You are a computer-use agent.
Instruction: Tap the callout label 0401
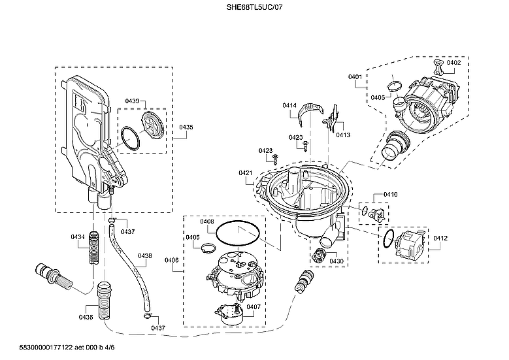(x=355, y=77)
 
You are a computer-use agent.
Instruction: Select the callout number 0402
(x=453, y=63)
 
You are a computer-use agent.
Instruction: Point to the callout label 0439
(x=132, y=101)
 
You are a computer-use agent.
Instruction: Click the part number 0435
(x=186, y=127)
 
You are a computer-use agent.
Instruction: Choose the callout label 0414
(x=289, y=105)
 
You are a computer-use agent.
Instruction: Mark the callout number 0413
(x=343, y=135)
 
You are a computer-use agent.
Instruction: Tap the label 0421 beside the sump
(x=246, y=172)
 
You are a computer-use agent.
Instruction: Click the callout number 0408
(x=207, y=221)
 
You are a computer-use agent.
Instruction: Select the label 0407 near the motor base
(x=253, y=306)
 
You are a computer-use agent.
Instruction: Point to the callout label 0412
(x=440, y=238)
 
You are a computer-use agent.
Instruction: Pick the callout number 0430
(x=337, y=261)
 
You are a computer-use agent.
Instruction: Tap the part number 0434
(x=78, y=236)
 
